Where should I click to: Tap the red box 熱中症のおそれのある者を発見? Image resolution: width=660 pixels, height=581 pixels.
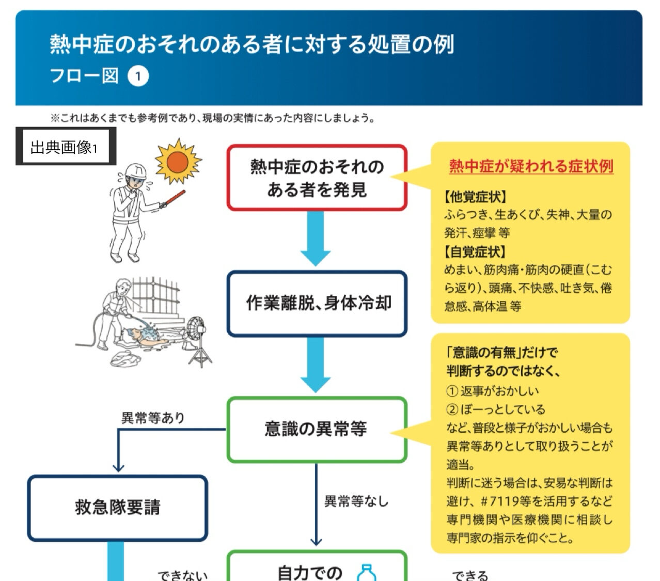point(317,178)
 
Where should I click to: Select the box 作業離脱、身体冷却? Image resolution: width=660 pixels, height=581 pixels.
point(317,303)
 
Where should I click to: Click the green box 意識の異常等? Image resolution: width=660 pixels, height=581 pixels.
point(317,429)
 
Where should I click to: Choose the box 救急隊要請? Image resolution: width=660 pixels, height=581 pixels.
point(118,507)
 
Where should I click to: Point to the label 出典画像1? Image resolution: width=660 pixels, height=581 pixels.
point(64,147)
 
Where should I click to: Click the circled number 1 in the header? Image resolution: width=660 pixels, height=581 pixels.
point(138,76)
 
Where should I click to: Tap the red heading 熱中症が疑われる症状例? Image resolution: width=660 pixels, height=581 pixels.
point(531,166)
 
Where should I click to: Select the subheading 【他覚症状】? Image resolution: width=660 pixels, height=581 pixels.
point(475,197)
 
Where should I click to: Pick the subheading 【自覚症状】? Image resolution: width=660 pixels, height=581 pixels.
point(475,252)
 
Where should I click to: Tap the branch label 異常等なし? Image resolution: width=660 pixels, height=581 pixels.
point(356,500)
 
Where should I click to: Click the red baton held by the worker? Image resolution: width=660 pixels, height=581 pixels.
point(173,198)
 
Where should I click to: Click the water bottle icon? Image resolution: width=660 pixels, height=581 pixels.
point(367,573)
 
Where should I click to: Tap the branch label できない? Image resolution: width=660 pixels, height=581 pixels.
point(183,575)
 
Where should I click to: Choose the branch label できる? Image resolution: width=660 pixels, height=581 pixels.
point(470,575)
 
